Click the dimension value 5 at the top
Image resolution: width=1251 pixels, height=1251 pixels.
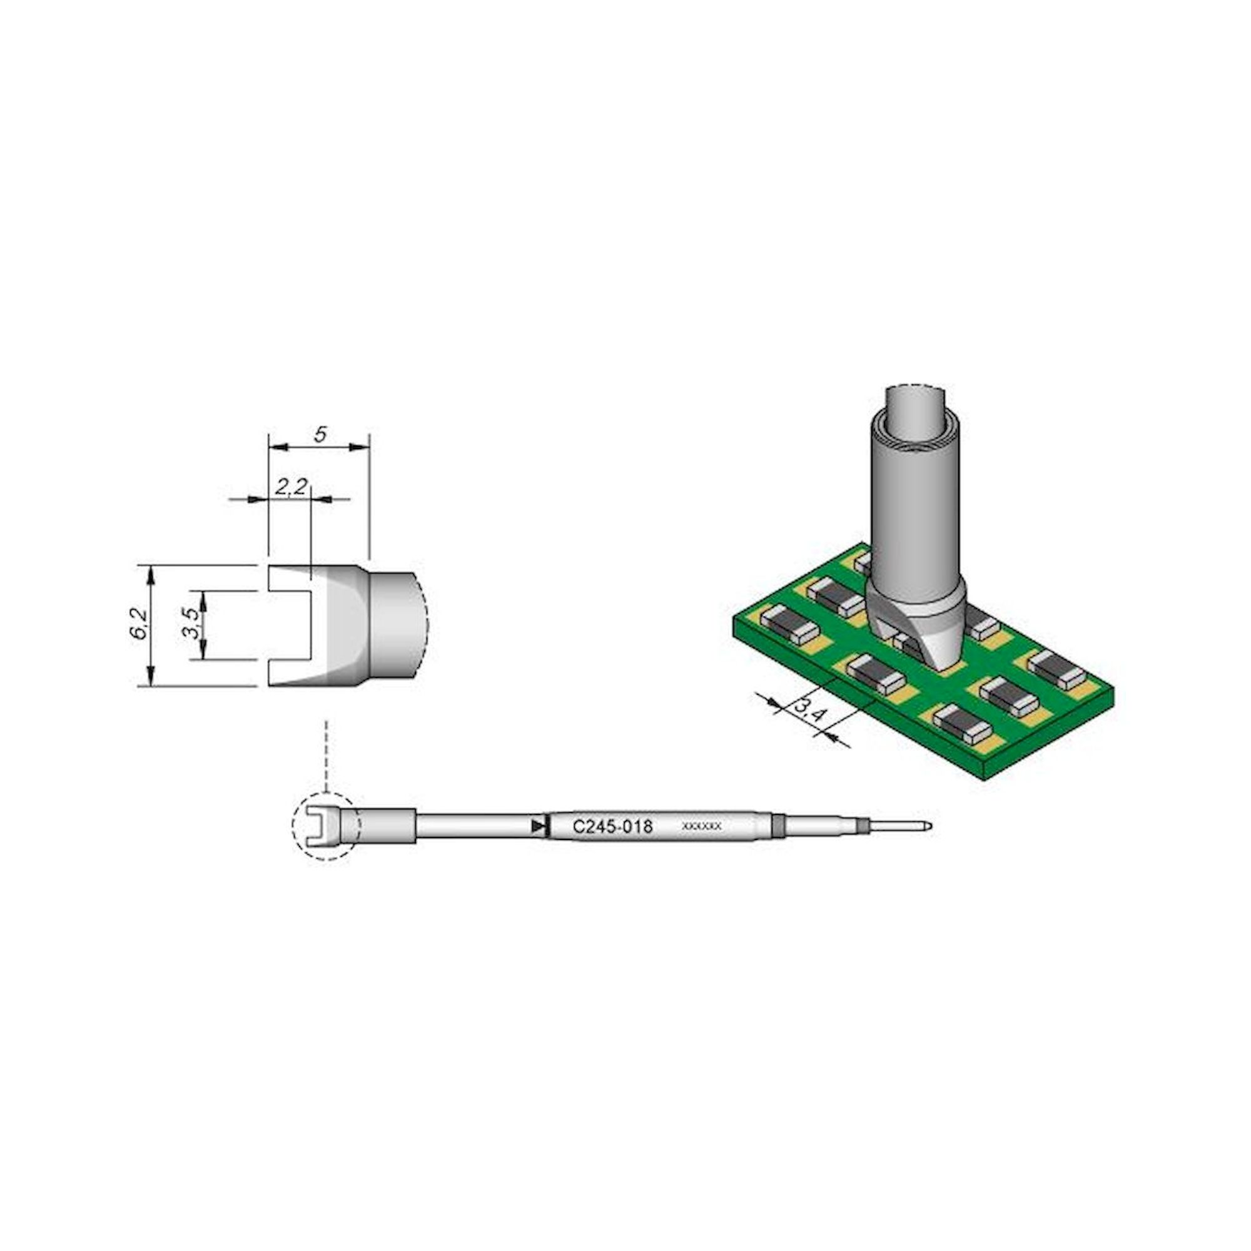319,435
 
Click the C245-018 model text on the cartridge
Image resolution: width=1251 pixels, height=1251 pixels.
612,827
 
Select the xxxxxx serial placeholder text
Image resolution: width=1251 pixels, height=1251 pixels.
702,827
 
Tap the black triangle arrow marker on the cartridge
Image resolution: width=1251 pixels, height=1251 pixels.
537,827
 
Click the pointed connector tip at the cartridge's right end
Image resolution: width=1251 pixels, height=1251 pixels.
927,826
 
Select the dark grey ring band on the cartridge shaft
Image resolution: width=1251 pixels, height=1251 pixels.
777,826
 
